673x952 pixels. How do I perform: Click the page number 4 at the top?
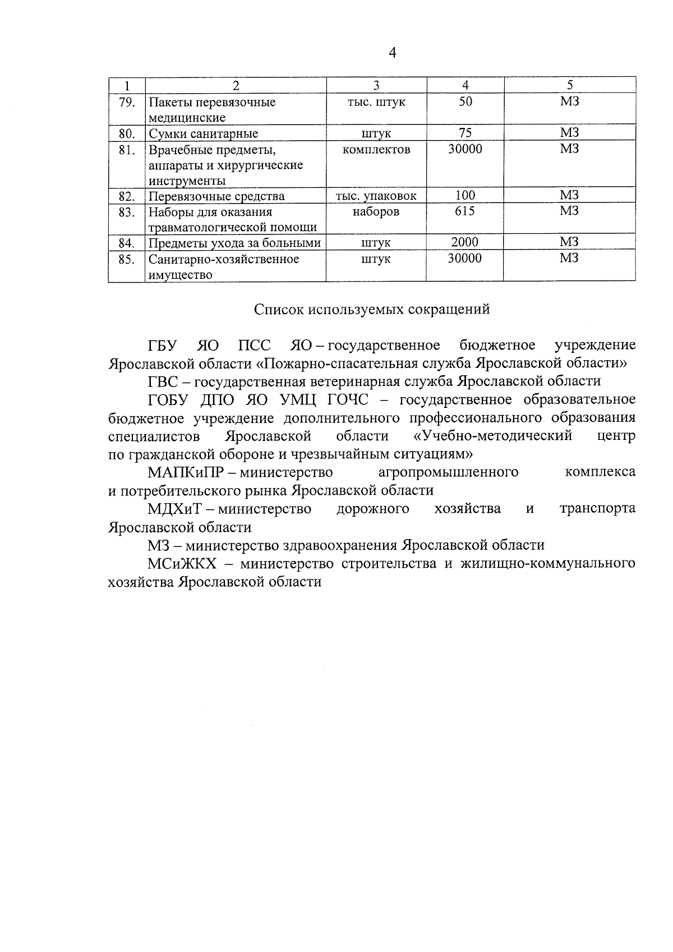392,53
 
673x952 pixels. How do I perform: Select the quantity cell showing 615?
465,211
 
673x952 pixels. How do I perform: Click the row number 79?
127,102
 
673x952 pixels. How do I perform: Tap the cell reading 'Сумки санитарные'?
203,134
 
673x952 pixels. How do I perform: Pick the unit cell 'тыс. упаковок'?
376,196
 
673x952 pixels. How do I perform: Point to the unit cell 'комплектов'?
376,149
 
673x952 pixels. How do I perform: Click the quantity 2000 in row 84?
465,242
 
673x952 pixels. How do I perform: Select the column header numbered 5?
570,85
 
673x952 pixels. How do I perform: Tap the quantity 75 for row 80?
465,133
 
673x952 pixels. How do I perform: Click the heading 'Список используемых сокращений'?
372,309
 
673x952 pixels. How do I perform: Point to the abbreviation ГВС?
163,381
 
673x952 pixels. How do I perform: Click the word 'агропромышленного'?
448,472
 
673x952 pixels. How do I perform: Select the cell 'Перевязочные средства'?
216,196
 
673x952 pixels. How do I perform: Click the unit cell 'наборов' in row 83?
376,211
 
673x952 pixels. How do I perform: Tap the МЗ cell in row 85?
569,258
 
